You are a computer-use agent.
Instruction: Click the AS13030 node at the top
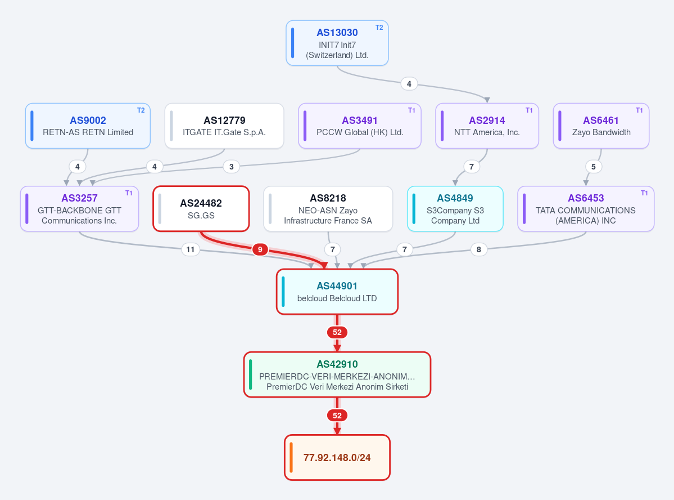pos(337,43)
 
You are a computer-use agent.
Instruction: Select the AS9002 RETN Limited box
pos(88,126)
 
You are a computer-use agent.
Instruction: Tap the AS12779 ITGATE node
pos(224,126)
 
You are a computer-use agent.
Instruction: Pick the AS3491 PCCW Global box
pos(360,126)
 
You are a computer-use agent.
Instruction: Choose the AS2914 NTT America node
pos(487,126)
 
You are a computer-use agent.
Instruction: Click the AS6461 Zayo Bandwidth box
pos(601,126)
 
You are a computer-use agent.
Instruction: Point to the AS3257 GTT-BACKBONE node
pos(79,209)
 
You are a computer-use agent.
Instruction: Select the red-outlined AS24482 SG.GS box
pos(201,209)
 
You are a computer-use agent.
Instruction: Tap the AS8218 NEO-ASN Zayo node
pos(328,209)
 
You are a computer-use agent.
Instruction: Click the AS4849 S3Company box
pos(455,209)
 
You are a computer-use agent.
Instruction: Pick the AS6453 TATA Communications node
pos(586,209)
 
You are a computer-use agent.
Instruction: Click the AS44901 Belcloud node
pos(337,292)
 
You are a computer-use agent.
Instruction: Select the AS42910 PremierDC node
pos(337,374)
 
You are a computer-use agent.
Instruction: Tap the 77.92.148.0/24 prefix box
pos(337,457)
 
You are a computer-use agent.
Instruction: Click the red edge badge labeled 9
pos(260,249)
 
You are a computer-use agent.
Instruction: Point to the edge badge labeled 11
pos(191,249)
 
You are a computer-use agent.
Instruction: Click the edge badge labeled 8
pos(479,249)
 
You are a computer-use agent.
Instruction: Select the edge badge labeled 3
pos(231,167)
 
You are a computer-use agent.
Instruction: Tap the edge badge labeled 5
pos(594,167)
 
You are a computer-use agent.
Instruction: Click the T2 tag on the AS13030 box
pos(379,28)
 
